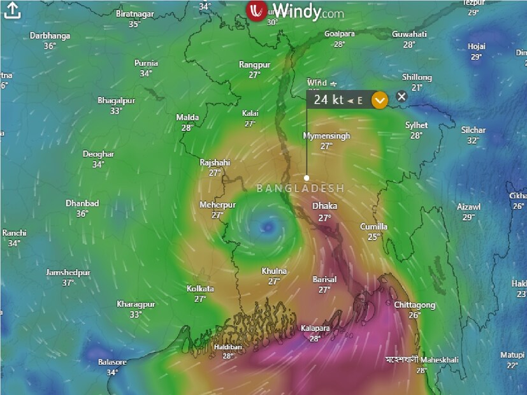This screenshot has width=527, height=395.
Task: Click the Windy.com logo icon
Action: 256,11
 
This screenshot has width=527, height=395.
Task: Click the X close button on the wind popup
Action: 401,97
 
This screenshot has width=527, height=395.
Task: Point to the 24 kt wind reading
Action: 329,99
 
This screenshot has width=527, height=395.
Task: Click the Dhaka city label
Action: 324,206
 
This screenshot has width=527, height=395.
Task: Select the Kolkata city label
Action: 200,289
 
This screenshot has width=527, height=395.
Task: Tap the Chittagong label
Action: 414,305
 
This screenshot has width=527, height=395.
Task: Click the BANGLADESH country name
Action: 300,189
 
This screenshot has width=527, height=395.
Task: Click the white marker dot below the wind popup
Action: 307,178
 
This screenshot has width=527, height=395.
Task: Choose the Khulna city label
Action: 274,271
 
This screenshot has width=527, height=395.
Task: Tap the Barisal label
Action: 324,280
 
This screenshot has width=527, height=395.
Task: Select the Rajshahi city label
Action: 215,163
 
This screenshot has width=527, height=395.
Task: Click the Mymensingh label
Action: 326,136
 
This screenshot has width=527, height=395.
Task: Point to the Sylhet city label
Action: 416,126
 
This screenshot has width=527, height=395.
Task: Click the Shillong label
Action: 417,78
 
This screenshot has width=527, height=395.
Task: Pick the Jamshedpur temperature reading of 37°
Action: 68,282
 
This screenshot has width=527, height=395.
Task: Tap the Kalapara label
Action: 315,329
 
